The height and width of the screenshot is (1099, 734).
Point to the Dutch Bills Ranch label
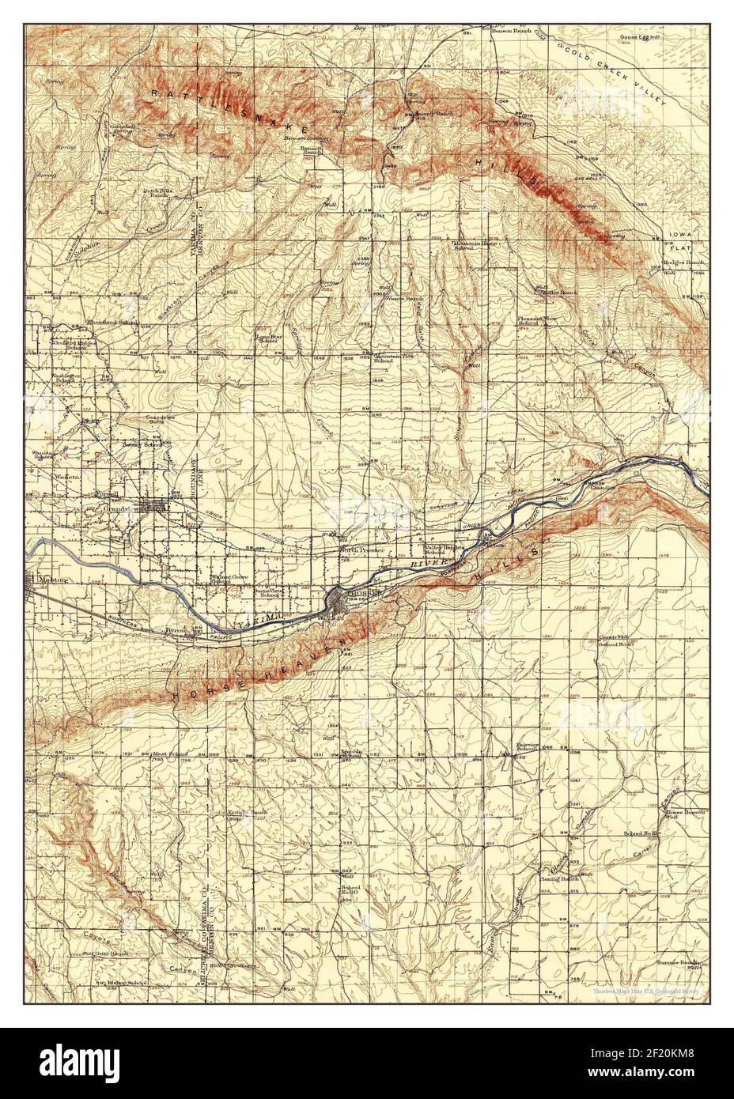156,192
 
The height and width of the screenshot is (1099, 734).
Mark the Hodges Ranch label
683,262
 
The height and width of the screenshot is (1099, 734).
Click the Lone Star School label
267,338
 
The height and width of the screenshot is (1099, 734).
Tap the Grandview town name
119,510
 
